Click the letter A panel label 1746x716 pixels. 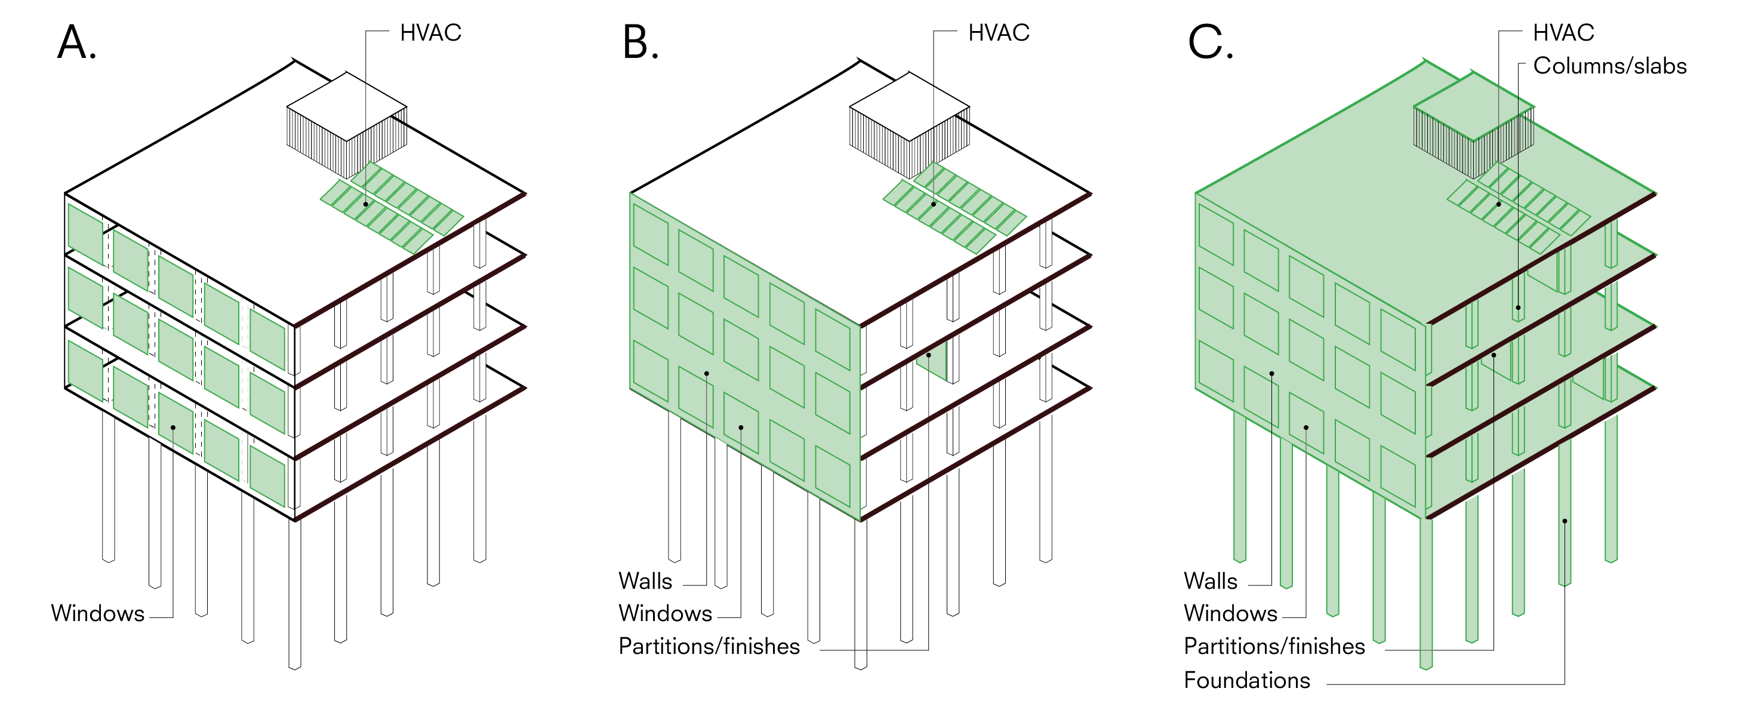pos(76,42)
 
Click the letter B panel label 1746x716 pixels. pos(640,42)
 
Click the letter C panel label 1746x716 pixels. pos(1211,42)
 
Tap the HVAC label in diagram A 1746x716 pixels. pos(430,32)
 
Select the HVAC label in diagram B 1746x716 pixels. pos(999,32)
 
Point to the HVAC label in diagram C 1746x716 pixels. pos(1564,32)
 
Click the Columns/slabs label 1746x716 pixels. pos(1610,66)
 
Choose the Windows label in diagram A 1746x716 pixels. pos(98,613)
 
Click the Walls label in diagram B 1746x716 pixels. pos(645,581)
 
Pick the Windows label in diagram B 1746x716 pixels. pos(665,613)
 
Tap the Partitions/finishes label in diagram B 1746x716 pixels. pos(709,646)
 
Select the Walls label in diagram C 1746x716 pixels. pos(1211,581)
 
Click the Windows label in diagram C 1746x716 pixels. pos(1230,613)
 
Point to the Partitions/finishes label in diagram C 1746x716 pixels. pos(1274,646)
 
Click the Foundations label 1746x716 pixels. pos(1247,680)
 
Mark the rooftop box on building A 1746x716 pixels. pos(346,125)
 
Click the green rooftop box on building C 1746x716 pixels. pos(1474,125)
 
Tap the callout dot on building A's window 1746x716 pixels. pos(173,427)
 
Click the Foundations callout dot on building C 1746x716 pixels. pos(1565,521)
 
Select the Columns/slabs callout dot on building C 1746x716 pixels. pos(1518,307)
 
